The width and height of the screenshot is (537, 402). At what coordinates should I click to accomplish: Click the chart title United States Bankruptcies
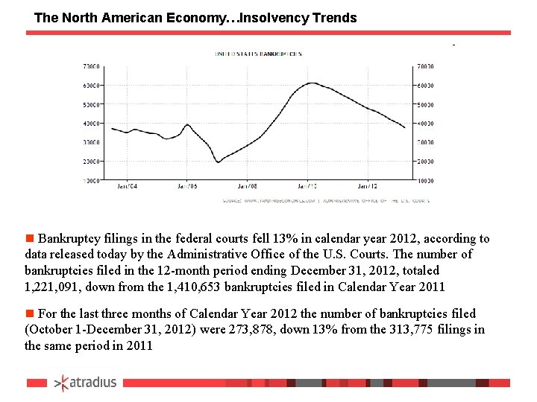point(258,54)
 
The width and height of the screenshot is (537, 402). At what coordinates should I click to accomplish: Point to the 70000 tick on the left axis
point(92,66)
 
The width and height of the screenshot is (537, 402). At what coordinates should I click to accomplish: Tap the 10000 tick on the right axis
point(426,180)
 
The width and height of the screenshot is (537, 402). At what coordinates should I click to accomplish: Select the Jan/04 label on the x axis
point(128,186)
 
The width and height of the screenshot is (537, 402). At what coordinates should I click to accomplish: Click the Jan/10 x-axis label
point(308,186)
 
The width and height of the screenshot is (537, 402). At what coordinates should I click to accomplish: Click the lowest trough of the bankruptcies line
point(218,162)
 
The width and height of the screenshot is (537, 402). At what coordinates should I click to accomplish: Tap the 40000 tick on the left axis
point(92,124)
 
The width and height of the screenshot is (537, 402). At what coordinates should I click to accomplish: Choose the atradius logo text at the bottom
point(93,383)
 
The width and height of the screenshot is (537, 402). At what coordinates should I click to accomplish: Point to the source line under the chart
point(326,200)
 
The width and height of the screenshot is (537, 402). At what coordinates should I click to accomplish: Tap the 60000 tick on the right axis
point(426,86)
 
